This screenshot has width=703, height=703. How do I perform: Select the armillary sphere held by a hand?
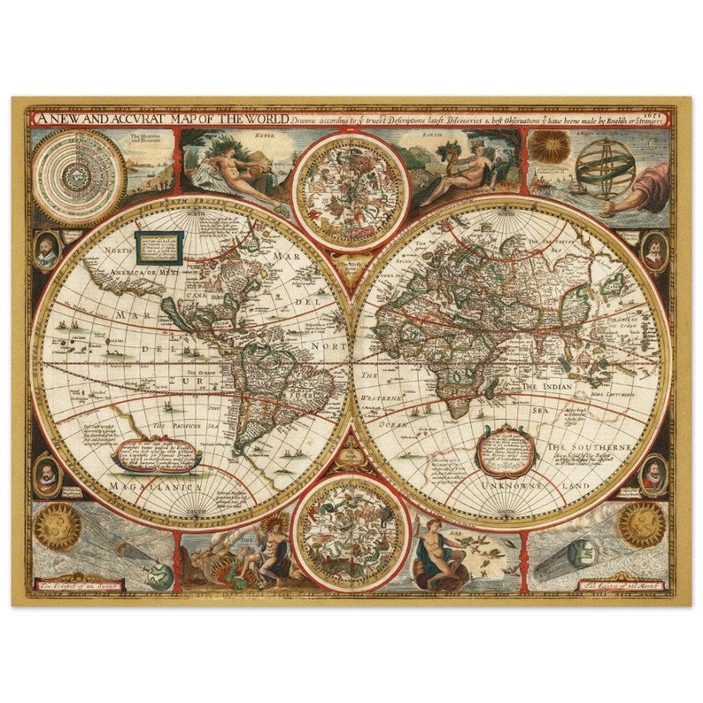click(x=606, y=166)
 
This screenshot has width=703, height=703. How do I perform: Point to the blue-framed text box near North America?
click(x=160, y=247)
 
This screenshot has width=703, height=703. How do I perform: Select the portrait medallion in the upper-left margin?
click(x=47, y=251)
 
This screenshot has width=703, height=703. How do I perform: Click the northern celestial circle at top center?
click(x=351, y=189)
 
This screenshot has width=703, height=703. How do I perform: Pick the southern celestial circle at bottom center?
click(x=351, y=534)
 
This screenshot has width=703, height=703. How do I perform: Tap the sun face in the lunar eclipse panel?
click(x=640, y=523)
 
